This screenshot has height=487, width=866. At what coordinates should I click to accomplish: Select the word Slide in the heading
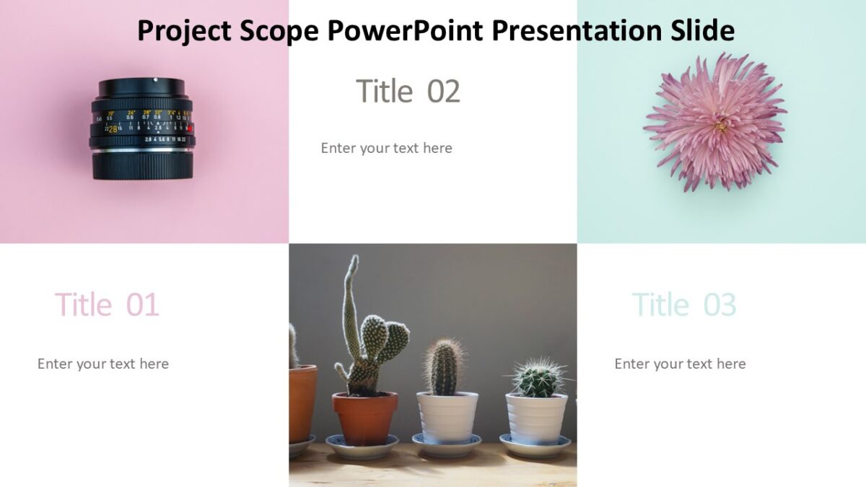point(700,31)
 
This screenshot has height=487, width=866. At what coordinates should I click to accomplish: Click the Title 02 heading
point(408,92)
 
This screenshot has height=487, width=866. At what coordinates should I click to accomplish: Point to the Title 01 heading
point(106,305)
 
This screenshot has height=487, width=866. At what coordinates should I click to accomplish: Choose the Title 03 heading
point(683,305)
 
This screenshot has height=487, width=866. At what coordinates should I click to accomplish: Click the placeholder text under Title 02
point(386,148)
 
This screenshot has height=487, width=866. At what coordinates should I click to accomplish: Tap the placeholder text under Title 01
point(103,364)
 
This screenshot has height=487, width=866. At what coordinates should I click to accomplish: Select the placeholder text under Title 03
point(680,364)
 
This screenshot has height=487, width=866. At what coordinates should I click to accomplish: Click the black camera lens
point(142,128)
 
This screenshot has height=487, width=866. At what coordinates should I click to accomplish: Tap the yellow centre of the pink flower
point(720,126)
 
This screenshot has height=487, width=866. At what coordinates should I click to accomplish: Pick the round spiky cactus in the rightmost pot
point(538,378)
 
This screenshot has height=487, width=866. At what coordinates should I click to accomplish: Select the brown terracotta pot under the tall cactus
point(364,418)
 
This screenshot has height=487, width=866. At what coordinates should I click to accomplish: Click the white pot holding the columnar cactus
point(447,416)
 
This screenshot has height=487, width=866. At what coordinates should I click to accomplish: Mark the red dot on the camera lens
point(190,128)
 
